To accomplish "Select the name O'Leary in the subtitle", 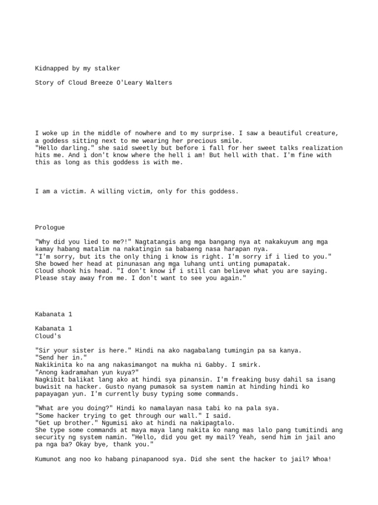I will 129,83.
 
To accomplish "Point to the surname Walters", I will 159,83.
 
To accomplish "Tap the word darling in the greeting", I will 74,148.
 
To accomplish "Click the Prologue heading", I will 50,227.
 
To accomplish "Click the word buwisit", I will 48,387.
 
